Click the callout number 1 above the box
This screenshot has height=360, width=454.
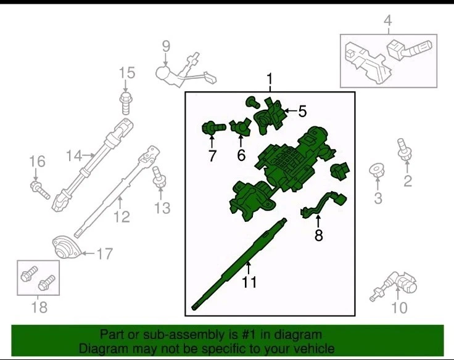[x=270, y=79]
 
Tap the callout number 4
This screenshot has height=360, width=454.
[x=388, y=20]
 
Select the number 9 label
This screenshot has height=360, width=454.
[x=166, y=46]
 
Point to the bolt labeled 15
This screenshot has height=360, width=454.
[x=125, y=104]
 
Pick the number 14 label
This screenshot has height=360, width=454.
[x=74, y=156]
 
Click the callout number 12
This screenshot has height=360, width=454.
[x=122, y=216]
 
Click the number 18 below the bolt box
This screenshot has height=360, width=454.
[x=39, y=307]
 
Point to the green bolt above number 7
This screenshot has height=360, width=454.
[x=213, y=128]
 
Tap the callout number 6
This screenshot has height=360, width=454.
[x=241, y=155]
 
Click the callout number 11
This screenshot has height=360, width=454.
[x=249, y=282]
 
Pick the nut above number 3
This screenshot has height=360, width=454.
[x=377, y=170]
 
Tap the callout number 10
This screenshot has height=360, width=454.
[x=399, y=308]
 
